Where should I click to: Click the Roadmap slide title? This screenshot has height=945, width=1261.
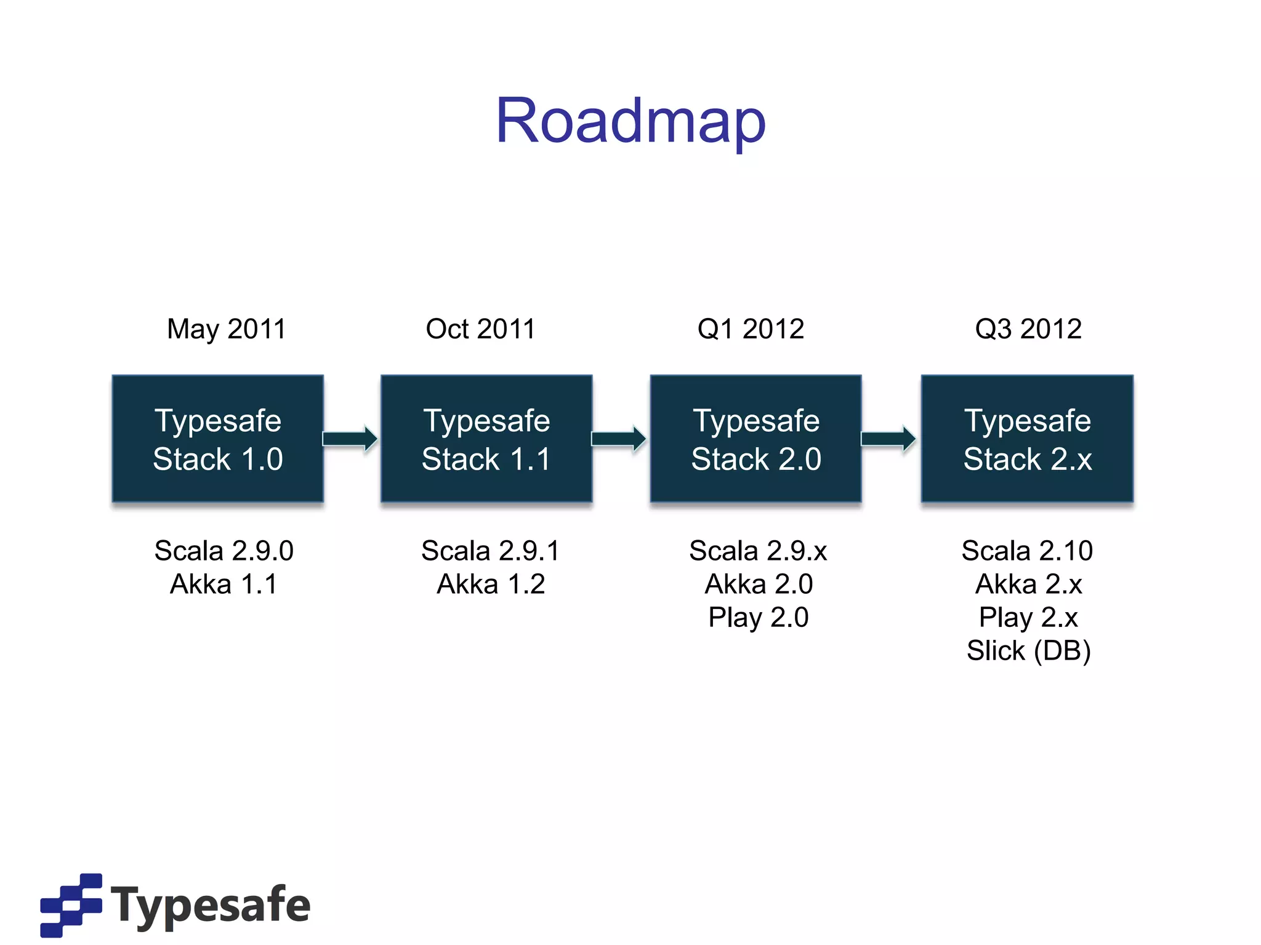click(630, 121)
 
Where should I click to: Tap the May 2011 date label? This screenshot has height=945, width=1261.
click(227, 329)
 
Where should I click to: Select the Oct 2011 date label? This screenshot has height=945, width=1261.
click(481, 329)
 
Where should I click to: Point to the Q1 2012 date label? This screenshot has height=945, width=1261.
click(751, 329)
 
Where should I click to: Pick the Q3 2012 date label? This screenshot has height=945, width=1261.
click(1028, 329)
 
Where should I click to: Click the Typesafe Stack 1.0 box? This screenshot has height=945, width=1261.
click(218, 439)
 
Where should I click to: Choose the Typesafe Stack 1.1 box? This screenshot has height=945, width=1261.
click(486, 439)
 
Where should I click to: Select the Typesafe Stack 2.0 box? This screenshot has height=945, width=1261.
click(756, 439)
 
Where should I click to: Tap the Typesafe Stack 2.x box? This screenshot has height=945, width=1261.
click(1027, 439)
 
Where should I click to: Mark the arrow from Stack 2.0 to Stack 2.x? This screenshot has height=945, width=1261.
click(888, 439)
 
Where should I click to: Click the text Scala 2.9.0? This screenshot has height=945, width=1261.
click(224, 551)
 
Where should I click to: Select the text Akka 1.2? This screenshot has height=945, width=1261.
click(491, 584)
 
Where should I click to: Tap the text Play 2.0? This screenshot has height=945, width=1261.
click(759, 617)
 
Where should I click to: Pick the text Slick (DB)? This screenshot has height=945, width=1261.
click(1028, 650)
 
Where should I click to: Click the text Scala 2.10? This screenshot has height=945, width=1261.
click(1027, 551)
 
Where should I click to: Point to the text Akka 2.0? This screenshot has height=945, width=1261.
click(759, 584)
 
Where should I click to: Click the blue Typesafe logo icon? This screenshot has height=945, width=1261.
click(71, 904)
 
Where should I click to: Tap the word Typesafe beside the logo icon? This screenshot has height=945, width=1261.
click(211, 905)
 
